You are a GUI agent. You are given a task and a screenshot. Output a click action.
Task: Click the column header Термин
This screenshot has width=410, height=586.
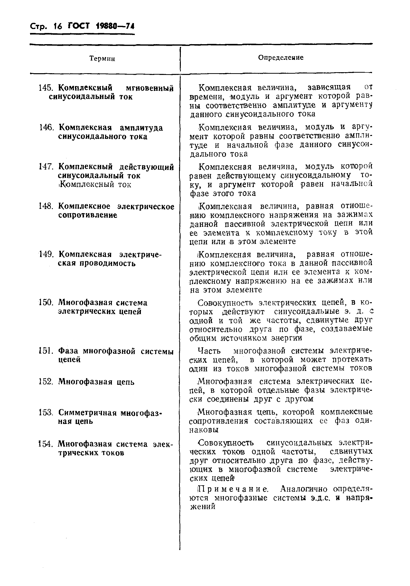[x=102, y=59]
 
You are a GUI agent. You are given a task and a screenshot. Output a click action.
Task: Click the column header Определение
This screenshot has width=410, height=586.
[x=281, y=58]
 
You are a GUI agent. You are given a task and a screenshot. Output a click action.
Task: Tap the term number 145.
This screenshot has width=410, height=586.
[x=46, y=88]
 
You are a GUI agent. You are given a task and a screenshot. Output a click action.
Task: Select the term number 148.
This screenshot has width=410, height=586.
[x=46, y=206]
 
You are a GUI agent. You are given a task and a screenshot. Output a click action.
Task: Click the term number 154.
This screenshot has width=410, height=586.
[x=46, y=444]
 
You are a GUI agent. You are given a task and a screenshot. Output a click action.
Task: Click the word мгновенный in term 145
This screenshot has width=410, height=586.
[x=150, y=89]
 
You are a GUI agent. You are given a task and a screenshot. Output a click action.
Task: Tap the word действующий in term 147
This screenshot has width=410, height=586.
[x=147, y=167]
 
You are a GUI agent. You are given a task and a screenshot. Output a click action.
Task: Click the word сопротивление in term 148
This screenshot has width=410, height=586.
[x=88, y=215]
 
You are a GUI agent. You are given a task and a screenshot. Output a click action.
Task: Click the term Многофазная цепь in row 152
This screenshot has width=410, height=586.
[x=96, y=382]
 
